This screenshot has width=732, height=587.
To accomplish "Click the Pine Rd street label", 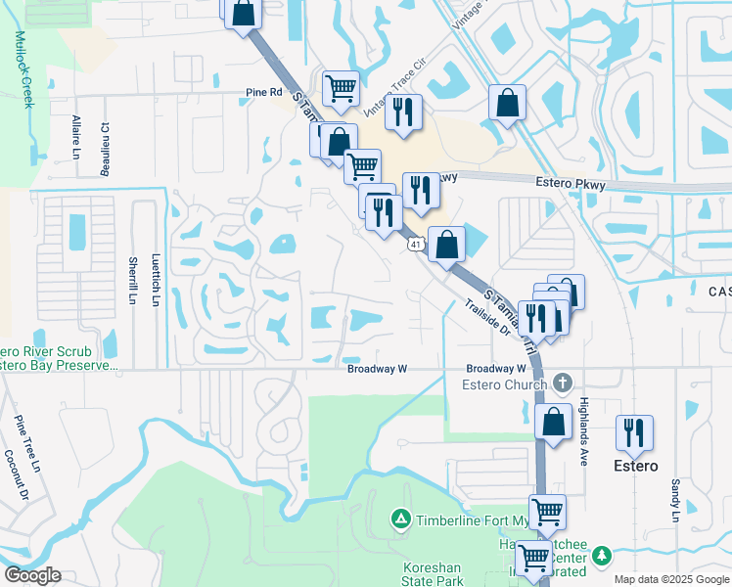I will (x=263, y=93).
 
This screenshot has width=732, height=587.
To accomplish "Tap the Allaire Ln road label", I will (x=75, y=136).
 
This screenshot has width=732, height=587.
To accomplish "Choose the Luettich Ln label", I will (x=155, y=281).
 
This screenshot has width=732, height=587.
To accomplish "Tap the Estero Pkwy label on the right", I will (x=571, y=183).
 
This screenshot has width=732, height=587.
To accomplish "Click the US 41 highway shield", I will (x=416, y=243).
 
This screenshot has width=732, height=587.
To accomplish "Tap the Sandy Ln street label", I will (x=675, y=500).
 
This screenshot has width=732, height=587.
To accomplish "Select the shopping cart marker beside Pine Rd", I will (x=341, y=88).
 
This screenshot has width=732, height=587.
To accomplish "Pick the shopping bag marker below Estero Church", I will (x=554, y=423).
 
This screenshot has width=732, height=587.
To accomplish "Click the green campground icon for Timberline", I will (x=399, y=518).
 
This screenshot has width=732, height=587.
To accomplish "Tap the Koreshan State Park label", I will (x=434, y=574).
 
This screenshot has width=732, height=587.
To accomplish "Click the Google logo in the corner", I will (x=32, y=575).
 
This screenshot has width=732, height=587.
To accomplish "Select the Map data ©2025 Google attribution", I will (x=671, y=579).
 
